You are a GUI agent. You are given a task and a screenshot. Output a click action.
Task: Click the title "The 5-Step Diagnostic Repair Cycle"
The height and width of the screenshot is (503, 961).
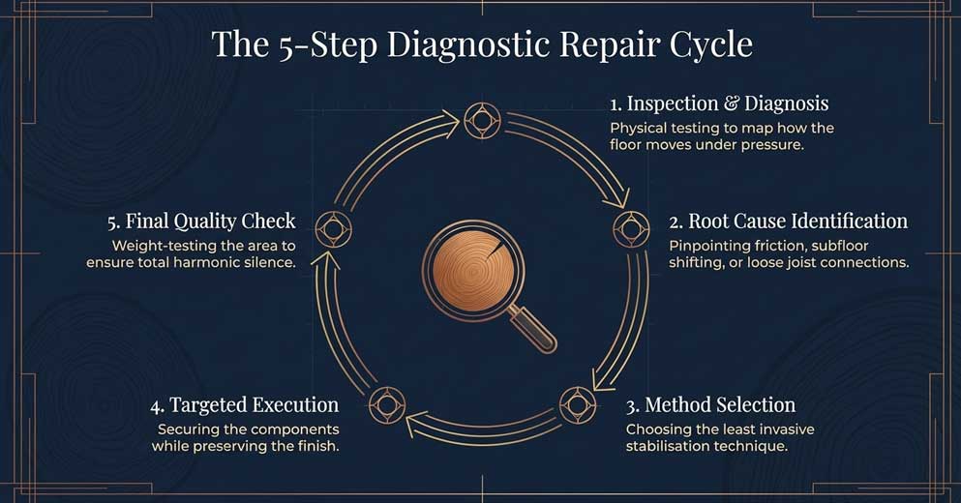point(481,45)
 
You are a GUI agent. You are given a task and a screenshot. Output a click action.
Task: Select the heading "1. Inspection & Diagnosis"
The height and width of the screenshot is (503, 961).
point(718,104)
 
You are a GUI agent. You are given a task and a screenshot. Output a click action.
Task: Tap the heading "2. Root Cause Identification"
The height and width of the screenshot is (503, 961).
point(788,222)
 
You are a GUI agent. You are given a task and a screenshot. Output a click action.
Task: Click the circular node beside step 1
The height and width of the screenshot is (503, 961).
point(481,121)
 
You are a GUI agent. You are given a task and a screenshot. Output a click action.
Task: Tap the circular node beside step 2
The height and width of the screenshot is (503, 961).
point(631,229)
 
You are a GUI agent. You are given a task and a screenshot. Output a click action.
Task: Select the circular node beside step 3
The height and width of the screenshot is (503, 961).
point(578,403)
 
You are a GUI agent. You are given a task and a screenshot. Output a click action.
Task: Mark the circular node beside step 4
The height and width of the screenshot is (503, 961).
point(387,403)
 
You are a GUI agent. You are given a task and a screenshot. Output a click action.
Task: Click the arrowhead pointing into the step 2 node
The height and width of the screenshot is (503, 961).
point(613,200)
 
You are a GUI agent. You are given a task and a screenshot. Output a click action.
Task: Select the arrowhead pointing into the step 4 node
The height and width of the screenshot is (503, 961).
point(414,421)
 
